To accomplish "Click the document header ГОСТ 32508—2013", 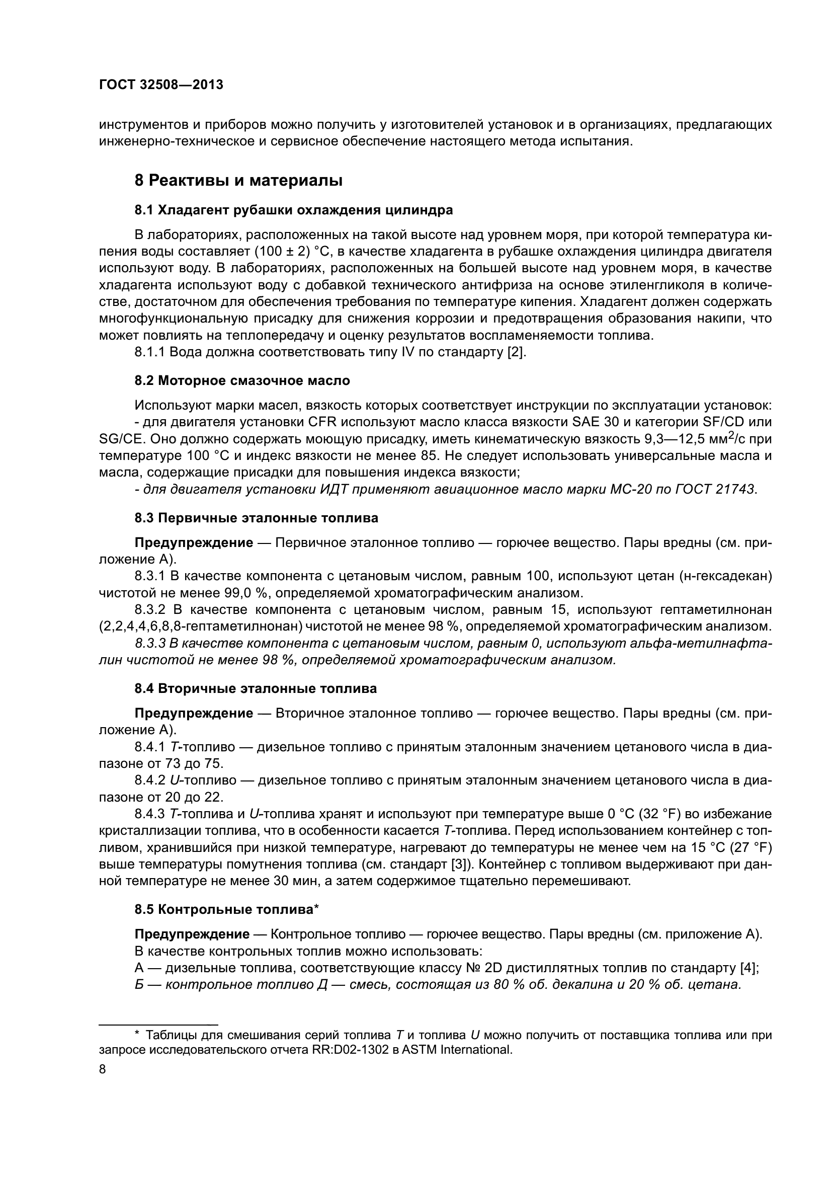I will click(x=161, y=85).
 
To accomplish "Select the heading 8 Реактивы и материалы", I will click(x=238, y=181).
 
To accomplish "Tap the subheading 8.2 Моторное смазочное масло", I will click(x=242, y=380).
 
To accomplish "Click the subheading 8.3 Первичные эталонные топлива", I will click(x=256, y=518).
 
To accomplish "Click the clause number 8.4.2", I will click(x=150, y=780).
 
